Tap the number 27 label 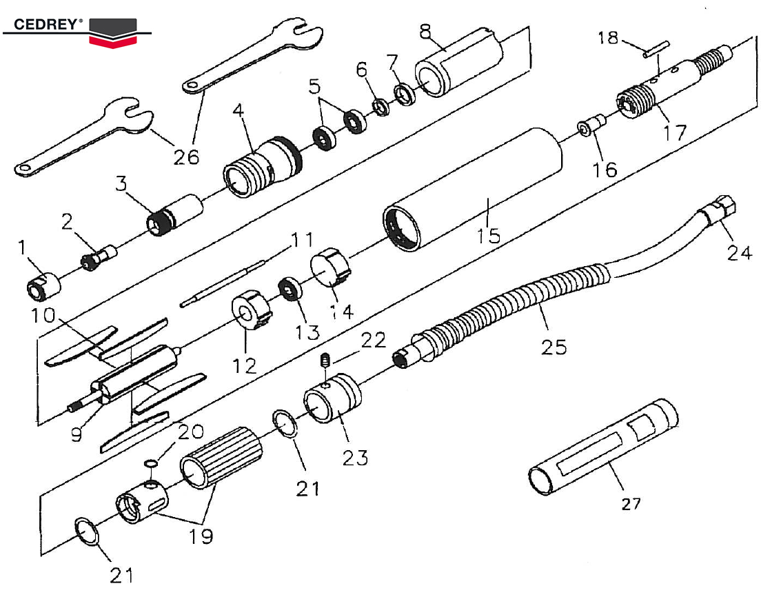coord(631,504)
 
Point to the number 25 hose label coord(554,345)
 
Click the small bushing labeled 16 coord(591,125)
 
